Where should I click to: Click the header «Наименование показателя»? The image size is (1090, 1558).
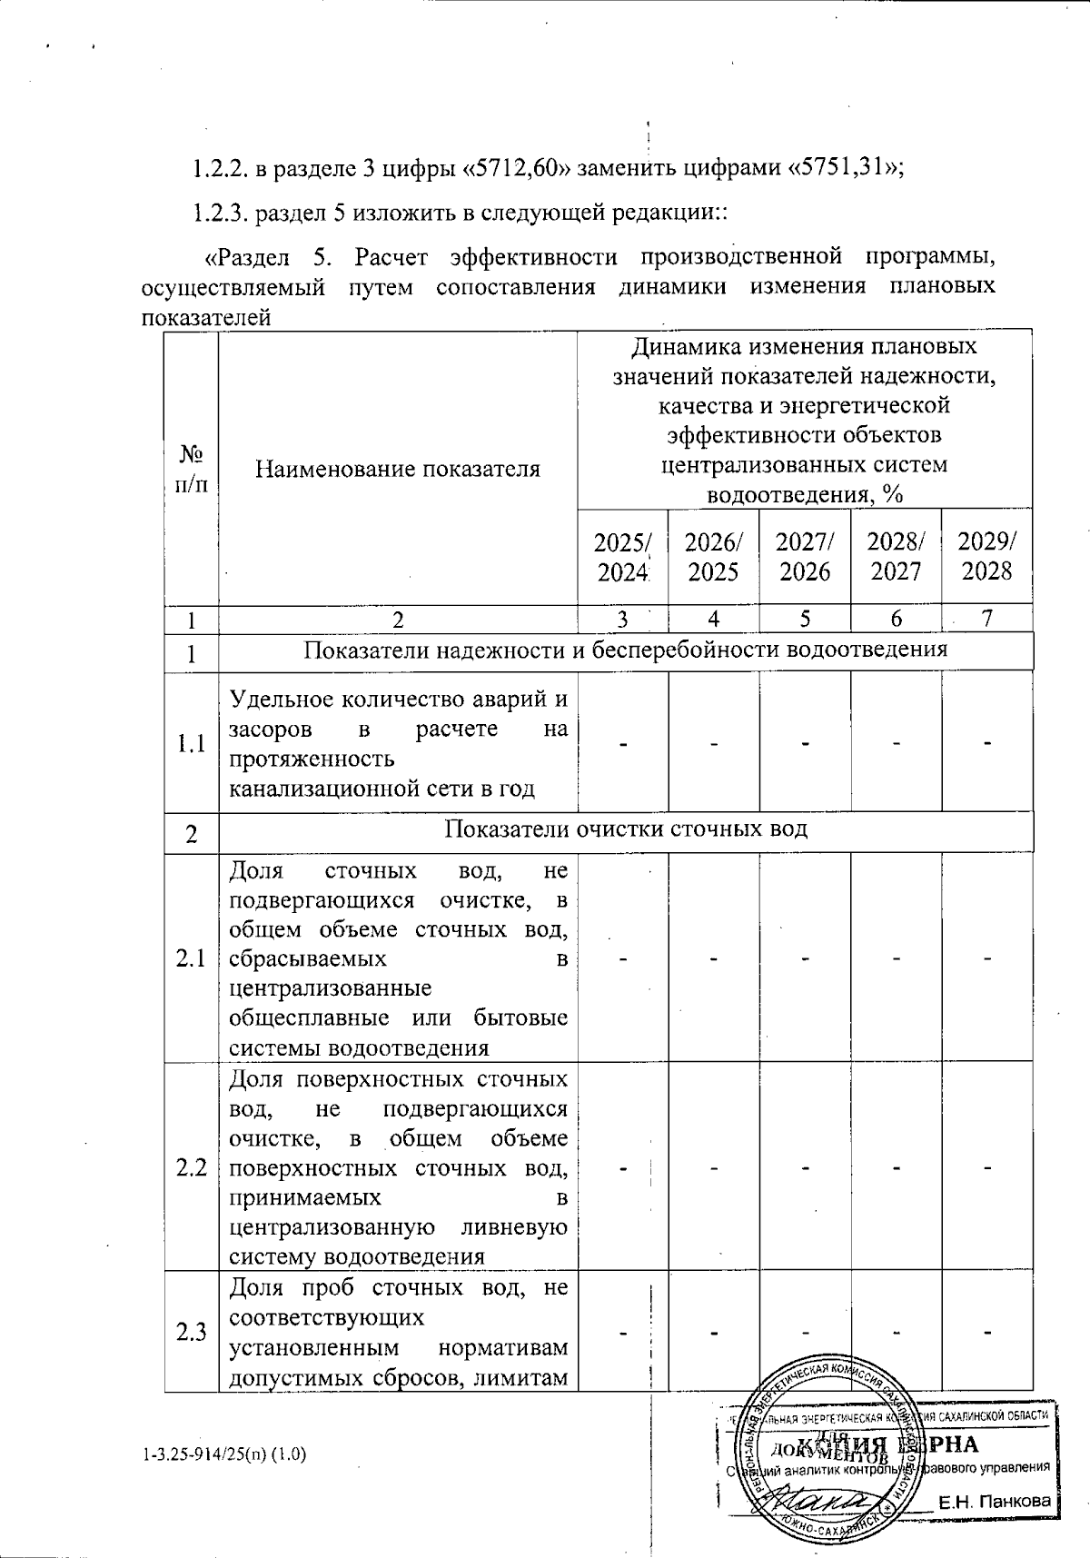[398, 469]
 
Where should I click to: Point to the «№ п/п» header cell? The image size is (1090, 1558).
[191, 469]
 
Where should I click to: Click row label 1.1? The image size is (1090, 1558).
[191, 744]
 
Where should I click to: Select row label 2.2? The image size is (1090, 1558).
[191, 1166]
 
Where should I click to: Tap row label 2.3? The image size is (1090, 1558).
[191, 1332]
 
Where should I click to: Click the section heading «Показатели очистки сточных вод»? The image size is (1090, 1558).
[626, 829]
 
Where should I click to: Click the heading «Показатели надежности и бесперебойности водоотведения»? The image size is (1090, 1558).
[626, 650]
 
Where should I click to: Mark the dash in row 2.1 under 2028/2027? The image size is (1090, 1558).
[896, 958]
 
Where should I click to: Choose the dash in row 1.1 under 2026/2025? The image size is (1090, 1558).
[714, 744]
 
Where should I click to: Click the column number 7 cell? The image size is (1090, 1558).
[987, 620]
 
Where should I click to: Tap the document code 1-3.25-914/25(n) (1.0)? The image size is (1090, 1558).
[224, 1454]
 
